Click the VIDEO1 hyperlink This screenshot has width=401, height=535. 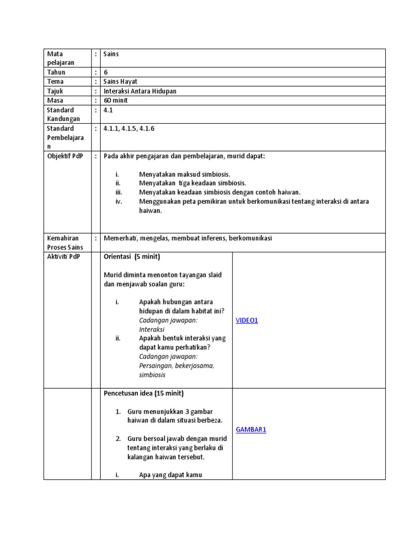pos(246,320)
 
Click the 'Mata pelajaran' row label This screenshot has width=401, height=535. pos(61,58)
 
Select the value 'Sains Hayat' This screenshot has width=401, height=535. pos(120,82)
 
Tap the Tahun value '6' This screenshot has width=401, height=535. pos(106,72)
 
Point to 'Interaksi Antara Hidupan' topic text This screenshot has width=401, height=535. pos(140,91)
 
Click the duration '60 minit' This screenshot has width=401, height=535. pos(116,100)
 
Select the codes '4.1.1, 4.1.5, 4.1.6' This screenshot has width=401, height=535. pos(128,128)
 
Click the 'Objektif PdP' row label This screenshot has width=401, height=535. pos(65,156)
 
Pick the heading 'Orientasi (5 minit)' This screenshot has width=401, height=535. pos(132,257)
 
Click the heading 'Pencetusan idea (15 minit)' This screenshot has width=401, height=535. pos(144,393)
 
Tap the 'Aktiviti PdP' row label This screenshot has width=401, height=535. pos(64,257)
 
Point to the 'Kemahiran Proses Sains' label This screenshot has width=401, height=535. pos(65,242)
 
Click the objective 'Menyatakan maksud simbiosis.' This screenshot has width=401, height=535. pos(184,174)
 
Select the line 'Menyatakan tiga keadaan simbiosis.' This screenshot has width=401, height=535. pos(192,183)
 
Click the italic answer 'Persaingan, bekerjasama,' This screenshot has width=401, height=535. pos(176,366)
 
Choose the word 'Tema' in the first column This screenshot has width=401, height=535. pos(55,82)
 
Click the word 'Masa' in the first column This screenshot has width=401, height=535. pos(55,100)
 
